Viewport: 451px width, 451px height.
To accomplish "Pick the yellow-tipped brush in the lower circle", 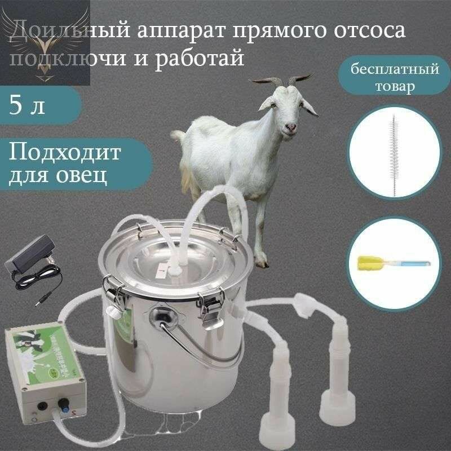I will (x=391, y=262).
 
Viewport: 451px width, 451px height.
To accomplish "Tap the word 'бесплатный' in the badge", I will (x=395, y=71).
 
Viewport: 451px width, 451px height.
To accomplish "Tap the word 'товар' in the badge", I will (x=394, y=87).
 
